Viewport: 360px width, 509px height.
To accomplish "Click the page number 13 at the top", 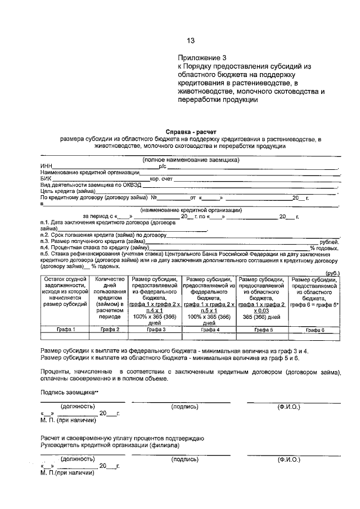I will tap(191, 40).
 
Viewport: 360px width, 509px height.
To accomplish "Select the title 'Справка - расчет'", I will tap(190, 132).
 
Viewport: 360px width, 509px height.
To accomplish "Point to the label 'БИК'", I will tap(46, 178).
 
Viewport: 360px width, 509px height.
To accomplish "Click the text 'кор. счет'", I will tap(161, 178).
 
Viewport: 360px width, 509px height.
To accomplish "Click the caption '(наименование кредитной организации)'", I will tap(191, 210).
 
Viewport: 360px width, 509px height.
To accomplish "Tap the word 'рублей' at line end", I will tap(328, 241).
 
